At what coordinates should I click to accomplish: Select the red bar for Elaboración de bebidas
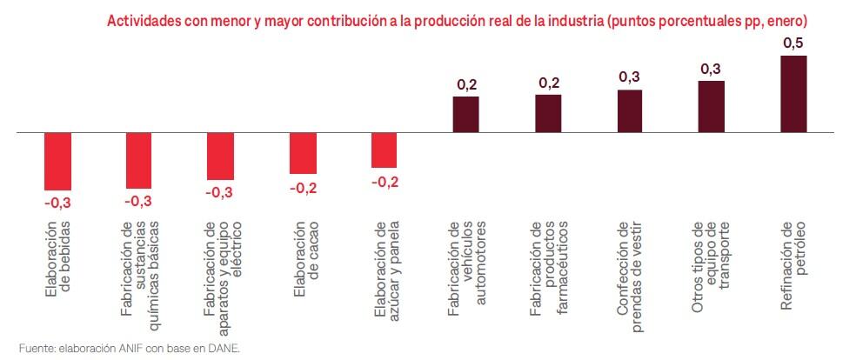57,162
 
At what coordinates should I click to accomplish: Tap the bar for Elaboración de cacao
303,154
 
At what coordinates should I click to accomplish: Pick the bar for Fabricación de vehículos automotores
465,115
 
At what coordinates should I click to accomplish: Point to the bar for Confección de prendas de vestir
630,111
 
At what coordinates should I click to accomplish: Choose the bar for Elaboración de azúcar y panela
384,150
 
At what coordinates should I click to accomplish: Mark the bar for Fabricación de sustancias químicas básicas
139,161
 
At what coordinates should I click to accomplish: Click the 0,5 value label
793,43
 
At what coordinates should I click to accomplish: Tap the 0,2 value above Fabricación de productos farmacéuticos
548,83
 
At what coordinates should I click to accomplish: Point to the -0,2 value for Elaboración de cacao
303,187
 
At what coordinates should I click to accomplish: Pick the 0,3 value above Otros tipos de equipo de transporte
712,69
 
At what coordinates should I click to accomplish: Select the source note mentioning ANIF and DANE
129,348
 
